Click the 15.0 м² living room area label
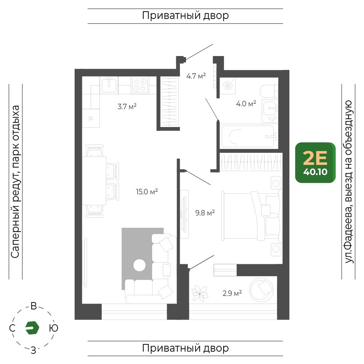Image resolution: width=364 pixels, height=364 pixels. (147, 192)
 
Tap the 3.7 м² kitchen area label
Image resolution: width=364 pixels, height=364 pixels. (127, 107)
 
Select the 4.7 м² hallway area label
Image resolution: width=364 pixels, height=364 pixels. (196, 76)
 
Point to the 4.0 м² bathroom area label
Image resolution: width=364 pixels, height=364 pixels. (246, 103)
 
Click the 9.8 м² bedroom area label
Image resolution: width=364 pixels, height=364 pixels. (205, 213)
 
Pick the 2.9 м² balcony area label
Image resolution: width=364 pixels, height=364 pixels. (232, 293)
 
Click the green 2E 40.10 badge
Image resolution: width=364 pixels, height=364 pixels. (315, 162)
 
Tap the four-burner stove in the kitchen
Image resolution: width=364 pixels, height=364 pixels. (140, 85)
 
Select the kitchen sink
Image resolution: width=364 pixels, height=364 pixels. (109, 85)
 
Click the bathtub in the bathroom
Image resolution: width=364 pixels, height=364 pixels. (248, 136)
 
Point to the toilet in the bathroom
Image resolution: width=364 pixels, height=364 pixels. (269, 91)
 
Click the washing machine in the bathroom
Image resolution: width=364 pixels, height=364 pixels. (227, 86)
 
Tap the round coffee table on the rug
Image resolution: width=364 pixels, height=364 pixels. (139, 265)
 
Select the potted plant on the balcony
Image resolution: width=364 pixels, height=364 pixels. (199, 293)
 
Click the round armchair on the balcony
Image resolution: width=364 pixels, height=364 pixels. (261, 290)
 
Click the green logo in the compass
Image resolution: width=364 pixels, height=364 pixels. (32, 328)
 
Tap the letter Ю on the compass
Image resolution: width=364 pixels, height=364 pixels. (54, 328)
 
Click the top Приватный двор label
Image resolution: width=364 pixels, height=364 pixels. (185, 16)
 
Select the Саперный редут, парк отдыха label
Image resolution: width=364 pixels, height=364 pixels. (15, 182)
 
